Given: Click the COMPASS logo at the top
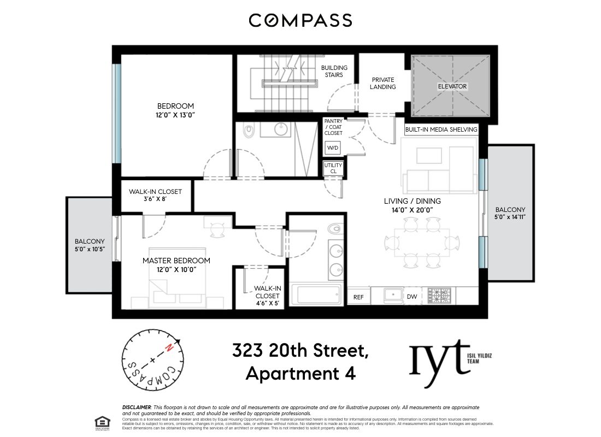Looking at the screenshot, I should tap(300, 20).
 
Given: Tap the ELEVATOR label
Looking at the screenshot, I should tap(452, 86).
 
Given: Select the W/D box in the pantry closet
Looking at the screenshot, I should tap(332, 148).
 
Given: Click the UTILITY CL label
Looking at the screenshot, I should tap(333, 168).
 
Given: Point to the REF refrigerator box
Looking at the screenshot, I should tap(358, 297).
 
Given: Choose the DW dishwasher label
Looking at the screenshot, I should tap(411, 297).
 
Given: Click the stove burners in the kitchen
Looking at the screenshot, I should tap(440, 296).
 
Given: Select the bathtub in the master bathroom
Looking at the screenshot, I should tap(316, 296).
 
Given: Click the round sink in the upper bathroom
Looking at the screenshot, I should tap(281, 130).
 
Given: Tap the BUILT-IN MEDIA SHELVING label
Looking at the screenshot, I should tap(441, 130).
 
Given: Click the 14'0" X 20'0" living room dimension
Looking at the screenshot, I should tap(412, 210).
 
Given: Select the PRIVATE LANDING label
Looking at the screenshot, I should tap(382, 83).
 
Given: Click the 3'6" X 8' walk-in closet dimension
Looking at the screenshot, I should tap(155, 199).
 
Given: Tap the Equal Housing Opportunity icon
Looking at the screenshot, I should tap(101, 422).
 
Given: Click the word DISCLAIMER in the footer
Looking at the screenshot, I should tap(136, 408).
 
